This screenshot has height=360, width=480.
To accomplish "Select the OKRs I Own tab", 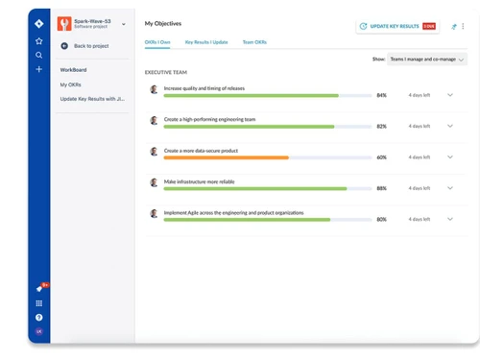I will (157, 43).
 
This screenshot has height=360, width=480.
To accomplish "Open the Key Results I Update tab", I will (206, 43).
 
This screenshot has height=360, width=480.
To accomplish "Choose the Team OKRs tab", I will (254, 43).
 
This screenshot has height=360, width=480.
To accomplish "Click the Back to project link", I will (90, 46).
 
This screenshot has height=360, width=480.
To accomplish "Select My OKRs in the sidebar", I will (70, 84).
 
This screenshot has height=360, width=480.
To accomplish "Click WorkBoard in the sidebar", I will (74, 70).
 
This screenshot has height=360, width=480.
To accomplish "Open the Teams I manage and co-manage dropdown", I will (427, 60).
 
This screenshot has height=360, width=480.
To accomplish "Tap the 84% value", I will (381, 96).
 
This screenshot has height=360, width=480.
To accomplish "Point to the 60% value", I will (381, 157).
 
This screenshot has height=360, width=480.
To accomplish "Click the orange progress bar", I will (226, 157).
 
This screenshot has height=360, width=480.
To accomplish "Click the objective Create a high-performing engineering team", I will (209, 119).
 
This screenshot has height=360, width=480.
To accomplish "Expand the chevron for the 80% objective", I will (450, 219).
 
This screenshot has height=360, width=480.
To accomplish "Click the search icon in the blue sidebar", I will (39, 56).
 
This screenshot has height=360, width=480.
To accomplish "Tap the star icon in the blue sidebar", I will (39, 41).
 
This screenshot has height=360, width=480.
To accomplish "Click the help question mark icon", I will (39, 317).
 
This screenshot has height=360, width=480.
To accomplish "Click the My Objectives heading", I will (162, 22).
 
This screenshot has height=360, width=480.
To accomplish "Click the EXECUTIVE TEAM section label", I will (166, 72).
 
